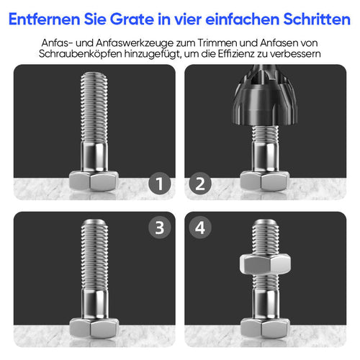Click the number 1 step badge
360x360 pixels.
pos(160,185)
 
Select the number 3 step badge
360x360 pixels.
pos(160,229)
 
